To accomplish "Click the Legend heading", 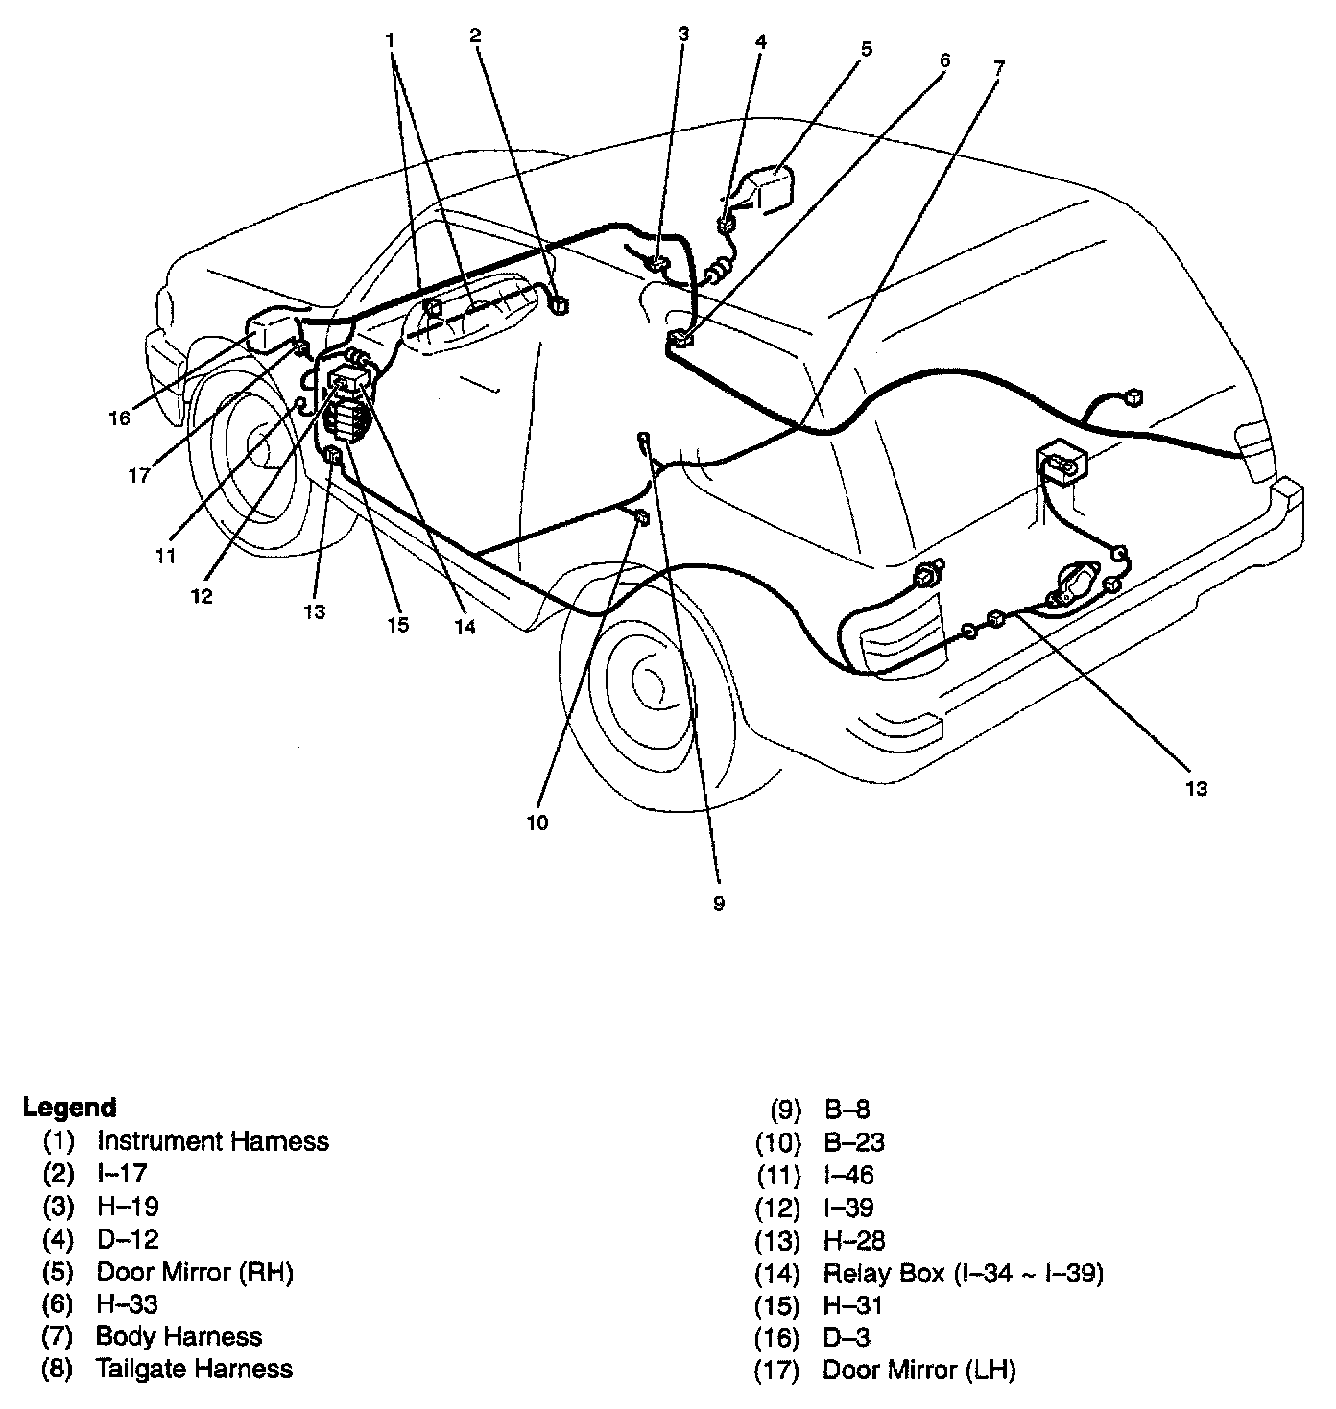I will [69, 1108].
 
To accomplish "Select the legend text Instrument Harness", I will [212, 1141].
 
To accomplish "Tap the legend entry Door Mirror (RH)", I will [195, 1272].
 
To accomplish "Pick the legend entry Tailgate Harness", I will [194, 1369].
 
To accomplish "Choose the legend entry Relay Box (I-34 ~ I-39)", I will [963, 1273].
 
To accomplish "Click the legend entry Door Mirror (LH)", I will [918, 1370].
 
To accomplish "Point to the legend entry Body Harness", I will [179, 1336].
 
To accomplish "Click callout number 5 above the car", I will [866, 49].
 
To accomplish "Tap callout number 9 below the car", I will [719, 903].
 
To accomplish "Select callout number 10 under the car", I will [537, 823].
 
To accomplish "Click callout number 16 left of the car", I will [119, 418].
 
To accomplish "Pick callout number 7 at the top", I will [998, 67].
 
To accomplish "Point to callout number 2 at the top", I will [476, 36].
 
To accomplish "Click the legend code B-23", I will [854, 1142].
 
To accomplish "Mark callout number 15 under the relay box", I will [397, 625].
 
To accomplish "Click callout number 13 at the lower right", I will [1195, 789].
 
